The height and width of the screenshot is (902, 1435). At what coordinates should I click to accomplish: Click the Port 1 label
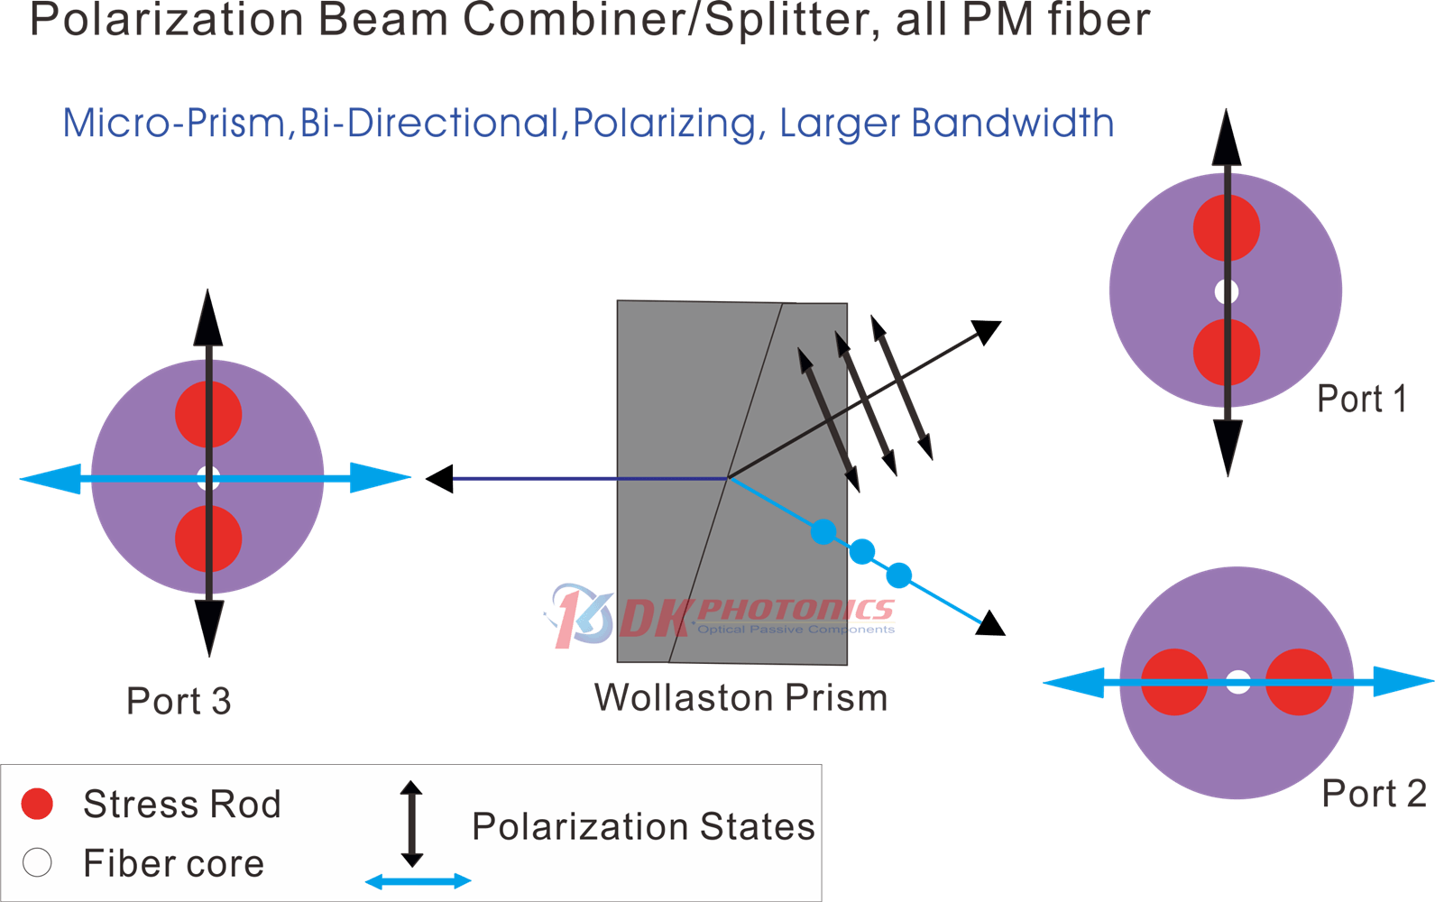tap(1362, 399)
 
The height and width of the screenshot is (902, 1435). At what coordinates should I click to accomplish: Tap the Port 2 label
tap(1375, 794)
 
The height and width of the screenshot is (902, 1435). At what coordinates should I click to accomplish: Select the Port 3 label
tap(179, 700)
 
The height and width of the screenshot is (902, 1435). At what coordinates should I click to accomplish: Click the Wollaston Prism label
tap(741, 697)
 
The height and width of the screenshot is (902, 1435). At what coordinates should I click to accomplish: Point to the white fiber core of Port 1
tap(1226, 291)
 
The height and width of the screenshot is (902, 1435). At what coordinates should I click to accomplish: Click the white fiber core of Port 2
tap(1237, 682)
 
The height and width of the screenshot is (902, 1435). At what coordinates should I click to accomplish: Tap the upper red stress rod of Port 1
tap(1226, 228)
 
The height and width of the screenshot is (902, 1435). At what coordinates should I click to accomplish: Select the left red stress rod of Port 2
tap(1174, 682)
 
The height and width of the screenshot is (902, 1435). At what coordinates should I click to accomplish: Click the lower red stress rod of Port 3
tap(208, 538)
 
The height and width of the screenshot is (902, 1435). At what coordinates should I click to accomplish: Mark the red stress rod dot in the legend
tap(37, 804)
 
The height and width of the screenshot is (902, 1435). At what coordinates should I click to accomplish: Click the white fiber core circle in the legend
tap(37, 862)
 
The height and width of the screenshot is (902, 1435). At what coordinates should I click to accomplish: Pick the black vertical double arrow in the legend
tap(412, 824)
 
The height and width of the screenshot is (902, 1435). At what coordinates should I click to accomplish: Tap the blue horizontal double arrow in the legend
tap(418, 881)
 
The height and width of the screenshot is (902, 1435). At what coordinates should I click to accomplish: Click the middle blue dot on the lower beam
tap(862, 552)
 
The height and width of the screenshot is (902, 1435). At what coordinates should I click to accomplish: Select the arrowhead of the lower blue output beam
tap(991, 623)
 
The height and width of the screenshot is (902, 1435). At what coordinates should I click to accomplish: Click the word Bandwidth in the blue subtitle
tap(1013, 123)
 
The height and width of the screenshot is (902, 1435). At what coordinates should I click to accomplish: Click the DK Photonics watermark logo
tap(720, 616)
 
